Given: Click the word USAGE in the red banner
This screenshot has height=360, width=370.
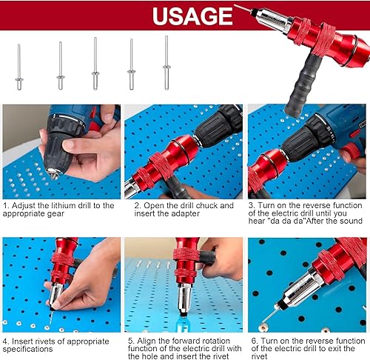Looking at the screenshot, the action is (192, 16).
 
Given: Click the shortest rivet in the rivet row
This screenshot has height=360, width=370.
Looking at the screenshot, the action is (19, 67).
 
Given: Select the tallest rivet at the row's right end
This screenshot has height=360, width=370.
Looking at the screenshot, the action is (166, 63).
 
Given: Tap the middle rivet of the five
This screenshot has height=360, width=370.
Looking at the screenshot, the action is (95, 64).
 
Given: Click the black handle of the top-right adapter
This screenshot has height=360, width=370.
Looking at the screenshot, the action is (303, 86).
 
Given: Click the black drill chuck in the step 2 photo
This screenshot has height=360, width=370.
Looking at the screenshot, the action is (217, 127).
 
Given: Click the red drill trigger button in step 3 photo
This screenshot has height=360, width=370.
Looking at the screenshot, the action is (350, 150).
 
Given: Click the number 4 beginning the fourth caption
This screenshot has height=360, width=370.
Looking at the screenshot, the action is (6, 341).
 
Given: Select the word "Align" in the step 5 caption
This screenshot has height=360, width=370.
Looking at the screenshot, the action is (147, 341).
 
